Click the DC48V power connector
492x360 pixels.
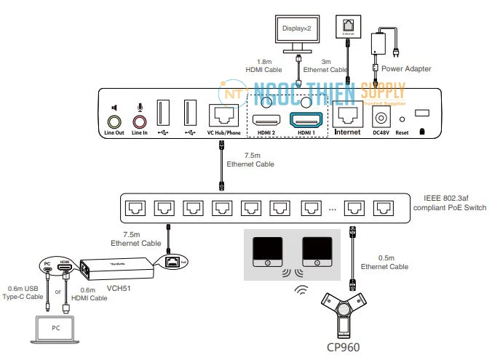click(x=380, y=116)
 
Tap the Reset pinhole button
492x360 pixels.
click(x=402, y=118)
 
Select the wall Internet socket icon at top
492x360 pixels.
click(x=348, y=28)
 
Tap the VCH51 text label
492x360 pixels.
click(x=119, y=289)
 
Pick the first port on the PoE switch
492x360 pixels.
click(x=134, y=209)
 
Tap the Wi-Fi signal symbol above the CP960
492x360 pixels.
click(x=301, y=290)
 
